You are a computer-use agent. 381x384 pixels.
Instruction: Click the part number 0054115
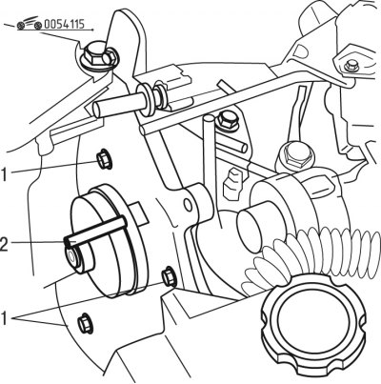point(64,24)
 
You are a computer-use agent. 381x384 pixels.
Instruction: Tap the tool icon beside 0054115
point(30,23)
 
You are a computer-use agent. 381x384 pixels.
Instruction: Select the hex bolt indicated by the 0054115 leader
point(98,56)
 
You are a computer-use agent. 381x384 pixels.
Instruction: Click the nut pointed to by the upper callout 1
point(105,159)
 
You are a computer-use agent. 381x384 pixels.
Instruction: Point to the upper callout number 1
point(4,174)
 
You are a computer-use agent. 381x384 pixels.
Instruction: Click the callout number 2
point(5,244)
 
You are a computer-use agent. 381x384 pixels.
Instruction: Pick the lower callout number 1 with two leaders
point(4,318)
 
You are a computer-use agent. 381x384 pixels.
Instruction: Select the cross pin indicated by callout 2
point(95,231)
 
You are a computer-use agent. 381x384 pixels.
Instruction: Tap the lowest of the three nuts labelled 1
point(86,323)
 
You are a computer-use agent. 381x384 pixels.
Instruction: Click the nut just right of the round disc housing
point(170,276)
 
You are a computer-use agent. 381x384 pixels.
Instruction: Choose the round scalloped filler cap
point(312,326)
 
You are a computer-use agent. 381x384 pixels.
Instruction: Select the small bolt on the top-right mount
point(351,66)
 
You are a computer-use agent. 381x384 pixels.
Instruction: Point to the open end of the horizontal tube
point(98,110)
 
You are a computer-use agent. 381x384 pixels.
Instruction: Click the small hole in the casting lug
point(189,205)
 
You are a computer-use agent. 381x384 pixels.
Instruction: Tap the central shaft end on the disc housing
point(70,256)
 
